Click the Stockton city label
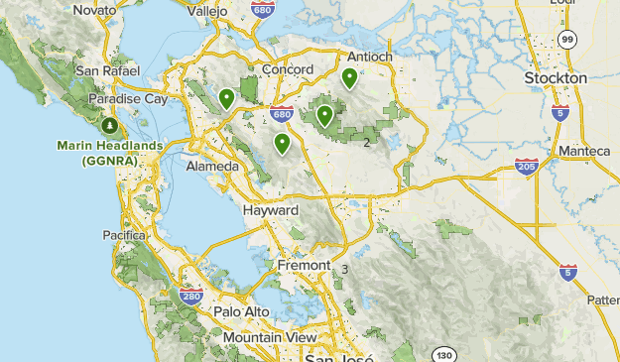(x=556, y=77)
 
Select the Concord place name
(x=289, y=69)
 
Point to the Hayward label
(x=270, y=211)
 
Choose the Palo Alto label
(x=241, y=311)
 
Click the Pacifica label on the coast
(x=124, y=235)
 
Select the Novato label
(x=95, y=9)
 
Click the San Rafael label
(x=105, y=71)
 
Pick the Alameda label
(x=211, y=167)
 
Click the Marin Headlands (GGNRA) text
(x=110, y=154)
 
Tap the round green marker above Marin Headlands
(x=109, y=126)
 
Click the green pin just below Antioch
(x=349, y=77)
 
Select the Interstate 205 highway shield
(x=527, y=167)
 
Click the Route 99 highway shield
(x=566, y=39)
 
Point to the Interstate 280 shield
(x=191, y=296)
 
